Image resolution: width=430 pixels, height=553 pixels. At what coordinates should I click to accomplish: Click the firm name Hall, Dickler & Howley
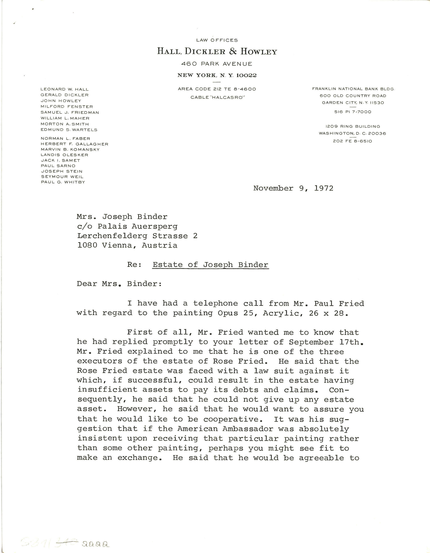tap(217, 52)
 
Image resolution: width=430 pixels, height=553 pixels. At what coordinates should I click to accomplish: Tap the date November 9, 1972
tap(293, 188)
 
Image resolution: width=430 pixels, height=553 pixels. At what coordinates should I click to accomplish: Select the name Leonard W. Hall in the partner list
tap(65, 89)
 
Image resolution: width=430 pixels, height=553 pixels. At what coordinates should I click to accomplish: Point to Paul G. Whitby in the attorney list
tap(63, 182)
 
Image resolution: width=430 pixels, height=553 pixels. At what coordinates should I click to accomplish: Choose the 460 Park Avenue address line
tap(217, 64)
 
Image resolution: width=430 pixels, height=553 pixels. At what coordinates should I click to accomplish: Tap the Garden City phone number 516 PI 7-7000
tap(353, 112)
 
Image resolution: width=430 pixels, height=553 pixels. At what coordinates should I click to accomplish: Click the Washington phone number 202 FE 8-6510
tap(352, 141)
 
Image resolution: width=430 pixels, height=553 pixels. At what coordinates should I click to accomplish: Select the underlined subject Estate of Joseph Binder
tap(210, 265)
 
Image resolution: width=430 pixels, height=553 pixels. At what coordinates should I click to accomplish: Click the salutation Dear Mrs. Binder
tap(119, 284)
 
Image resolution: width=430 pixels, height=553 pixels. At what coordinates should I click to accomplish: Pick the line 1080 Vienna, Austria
tap(127, 245)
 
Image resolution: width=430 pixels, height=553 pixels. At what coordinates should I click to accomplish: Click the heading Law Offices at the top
tap(217, 40)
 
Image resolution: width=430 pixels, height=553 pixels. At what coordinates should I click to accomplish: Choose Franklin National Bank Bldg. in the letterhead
tap(353, 89)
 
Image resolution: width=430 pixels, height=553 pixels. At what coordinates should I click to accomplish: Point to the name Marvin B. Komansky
tap(70, 149)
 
